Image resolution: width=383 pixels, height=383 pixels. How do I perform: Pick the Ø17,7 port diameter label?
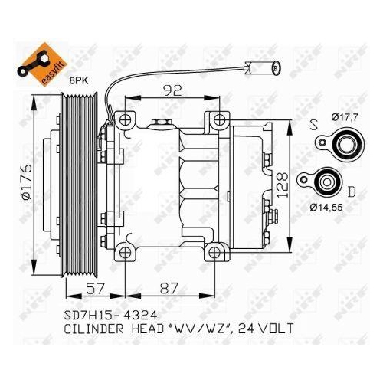coord(347,116)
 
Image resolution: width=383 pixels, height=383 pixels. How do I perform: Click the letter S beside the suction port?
coord(315,123)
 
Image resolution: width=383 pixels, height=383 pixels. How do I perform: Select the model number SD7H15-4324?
coord(113,315)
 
